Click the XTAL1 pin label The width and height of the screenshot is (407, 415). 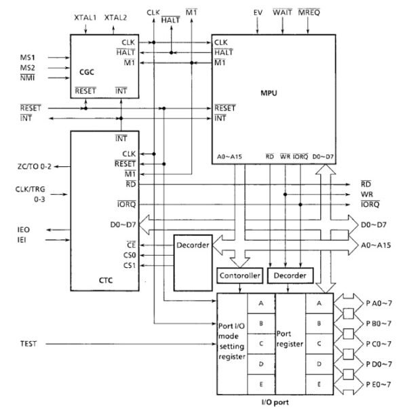pyautogui.click(x=85, y=18)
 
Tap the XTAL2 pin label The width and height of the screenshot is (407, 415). pyautogui.click(x=115, y=18)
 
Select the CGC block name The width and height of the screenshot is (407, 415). pyautogui.click(x=87, y=72)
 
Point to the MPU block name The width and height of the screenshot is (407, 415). pyautogui.click(x=269, y=93)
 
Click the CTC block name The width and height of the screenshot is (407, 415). pyautogui.click(x=105, y=280)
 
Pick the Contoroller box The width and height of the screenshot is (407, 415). pyautogui.click(x=239, y=275)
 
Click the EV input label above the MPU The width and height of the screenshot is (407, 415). pyautogui.click(x=258, y=12)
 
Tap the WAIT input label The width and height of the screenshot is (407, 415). pyautogui.click(x=282, y=12)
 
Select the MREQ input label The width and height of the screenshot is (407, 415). pyautogui.click(x=309, y=12)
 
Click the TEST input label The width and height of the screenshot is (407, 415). pyautogui.click(x=28, y=344)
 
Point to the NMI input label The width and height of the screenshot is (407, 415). pyautogui.click(x=27, y=78)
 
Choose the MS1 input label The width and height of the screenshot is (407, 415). pyautogui.click(x=27, y=58)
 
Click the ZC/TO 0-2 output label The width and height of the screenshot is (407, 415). pyautogui.click(x=34, y=167)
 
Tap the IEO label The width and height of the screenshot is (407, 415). pyautogui.click(x=23, y=229)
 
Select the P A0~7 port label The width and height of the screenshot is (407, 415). pyautogui.click(x=379, y=303)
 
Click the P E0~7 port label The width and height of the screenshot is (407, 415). pyautogui.click(x=379, y=384)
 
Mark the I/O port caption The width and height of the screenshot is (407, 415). pyautogui.click(x=275, y=402)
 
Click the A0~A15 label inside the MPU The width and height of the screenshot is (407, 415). pyautogui.click(x=229, y=157)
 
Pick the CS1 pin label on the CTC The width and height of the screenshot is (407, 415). pyautogui.click(x=130, y=265)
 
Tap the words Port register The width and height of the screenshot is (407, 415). pyautogui.click(x=290, y=339)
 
